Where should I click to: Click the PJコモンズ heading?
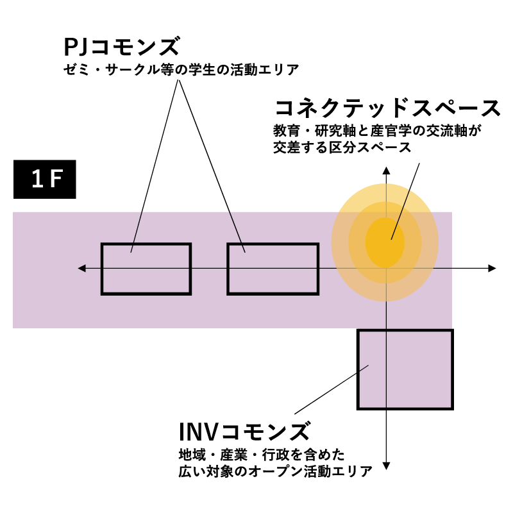point(121,48)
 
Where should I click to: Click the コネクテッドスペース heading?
point(387,108)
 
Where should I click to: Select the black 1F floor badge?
point(45,180)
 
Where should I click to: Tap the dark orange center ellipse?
point(385,242)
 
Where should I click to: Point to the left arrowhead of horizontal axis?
point(81,268)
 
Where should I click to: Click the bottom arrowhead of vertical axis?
point(386,464)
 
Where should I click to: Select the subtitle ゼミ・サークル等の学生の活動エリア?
point(181,69)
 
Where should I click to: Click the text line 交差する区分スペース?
point(342,147)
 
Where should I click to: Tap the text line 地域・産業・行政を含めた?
point(262,455)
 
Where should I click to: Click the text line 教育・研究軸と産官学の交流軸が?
point(377,131)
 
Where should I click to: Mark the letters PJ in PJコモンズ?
point(77,48)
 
